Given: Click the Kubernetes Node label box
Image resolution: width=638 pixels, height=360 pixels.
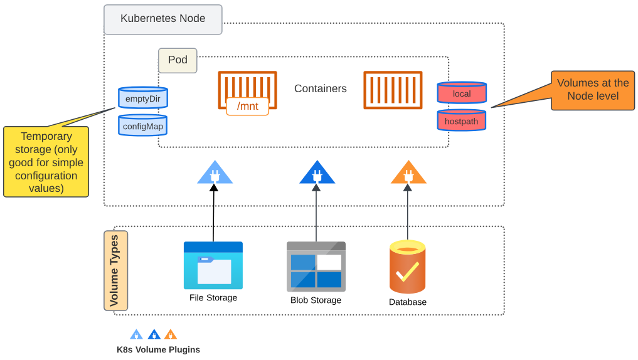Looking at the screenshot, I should [163, 19].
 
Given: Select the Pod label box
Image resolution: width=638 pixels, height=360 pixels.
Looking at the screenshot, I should [178, 60].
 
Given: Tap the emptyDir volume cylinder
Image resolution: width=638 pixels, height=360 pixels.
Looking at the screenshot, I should [143, 98].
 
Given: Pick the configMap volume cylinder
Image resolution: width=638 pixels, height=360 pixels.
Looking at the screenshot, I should [143, 125].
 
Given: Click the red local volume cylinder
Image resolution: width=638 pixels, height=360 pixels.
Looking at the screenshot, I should [462, 93].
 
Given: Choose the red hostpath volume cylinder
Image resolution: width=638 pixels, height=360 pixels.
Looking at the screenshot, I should [462, 120].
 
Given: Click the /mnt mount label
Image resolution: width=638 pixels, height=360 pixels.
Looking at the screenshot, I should [247, 106].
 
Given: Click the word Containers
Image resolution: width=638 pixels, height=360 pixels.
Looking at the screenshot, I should [320, 89].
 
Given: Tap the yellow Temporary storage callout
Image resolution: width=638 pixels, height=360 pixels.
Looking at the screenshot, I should [46, 162].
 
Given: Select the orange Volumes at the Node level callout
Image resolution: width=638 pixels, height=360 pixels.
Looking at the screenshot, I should [592, 90].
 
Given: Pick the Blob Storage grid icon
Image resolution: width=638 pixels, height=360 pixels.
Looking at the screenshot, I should [316, 267].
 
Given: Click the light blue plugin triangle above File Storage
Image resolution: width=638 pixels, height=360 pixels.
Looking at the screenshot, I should [215, 173].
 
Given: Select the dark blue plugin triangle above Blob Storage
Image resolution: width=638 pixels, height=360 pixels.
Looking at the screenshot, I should [317, 173].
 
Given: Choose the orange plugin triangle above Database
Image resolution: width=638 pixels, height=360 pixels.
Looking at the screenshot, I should [408, 173].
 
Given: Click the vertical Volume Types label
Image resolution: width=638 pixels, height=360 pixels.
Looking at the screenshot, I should [115, 271].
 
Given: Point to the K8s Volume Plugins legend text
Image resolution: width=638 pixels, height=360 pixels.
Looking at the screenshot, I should [158, 349].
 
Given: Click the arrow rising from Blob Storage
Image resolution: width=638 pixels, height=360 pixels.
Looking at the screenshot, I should [316, 213].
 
